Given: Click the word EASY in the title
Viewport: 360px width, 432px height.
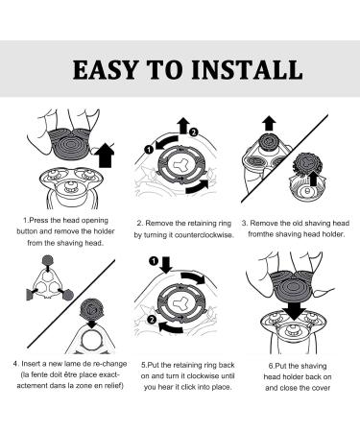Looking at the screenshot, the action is click(106, 69).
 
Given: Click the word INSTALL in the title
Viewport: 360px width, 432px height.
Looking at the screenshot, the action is click(247, 69).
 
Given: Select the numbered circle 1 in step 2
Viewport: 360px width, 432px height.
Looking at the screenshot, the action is click(149, 149).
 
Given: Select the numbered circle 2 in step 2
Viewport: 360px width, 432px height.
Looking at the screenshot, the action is click(194, 132).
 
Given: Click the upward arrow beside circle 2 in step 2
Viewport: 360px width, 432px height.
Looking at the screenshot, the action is click(183, 126).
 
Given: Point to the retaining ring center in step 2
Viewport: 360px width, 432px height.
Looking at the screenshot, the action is click(180, 165).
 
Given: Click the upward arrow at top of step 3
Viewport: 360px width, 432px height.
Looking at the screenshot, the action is click(270, 124).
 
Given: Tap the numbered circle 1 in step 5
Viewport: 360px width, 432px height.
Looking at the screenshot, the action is click(154, 261).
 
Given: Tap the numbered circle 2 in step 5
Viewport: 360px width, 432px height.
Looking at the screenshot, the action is click(152, 320).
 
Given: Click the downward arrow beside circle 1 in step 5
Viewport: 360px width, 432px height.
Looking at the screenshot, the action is click(166, 265).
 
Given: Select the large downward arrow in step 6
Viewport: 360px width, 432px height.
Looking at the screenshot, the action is click(295, 309).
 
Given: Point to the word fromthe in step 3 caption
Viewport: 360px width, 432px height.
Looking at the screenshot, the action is click(261, 234).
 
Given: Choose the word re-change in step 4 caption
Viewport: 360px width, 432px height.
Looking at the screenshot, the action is click(109, 364).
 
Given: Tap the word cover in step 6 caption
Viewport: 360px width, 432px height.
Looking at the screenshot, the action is click(321, 388).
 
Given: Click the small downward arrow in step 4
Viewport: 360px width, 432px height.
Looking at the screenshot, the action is click(92, 324).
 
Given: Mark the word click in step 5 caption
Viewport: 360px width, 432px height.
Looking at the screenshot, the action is click(188, 387).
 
